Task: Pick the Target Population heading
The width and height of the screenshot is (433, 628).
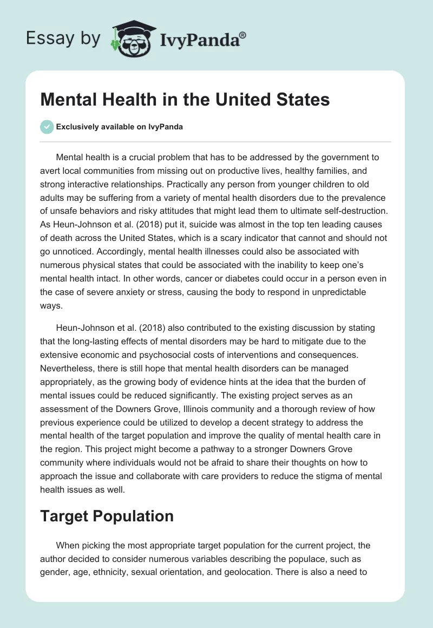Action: pyautogui.click(x=107, y=516)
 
